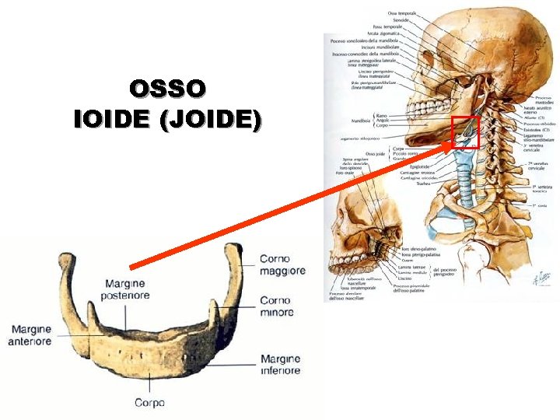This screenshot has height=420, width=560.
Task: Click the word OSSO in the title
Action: [x=168, y=88]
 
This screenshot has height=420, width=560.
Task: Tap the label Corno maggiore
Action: [x=282, y=264]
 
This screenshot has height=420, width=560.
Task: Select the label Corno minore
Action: [x=276, y=306]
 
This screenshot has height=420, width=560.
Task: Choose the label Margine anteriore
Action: [x=31, y=335]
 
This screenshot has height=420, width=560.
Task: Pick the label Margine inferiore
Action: [x=280, y=365]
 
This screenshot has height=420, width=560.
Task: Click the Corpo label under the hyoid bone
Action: [x=149, y=403]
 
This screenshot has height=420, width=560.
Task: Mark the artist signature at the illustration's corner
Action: [x=541, y=277]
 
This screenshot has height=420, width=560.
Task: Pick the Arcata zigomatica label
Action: [x=385, y=34]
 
